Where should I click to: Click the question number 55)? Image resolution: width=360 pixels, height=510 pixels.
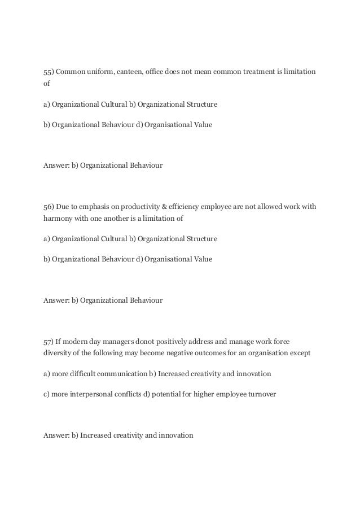[49, 72]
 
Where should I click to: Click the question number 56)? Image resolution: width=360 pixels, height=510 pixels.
[49, 207]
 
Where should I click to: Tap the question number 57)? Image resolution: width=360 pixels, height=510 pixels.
[49, 341]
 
